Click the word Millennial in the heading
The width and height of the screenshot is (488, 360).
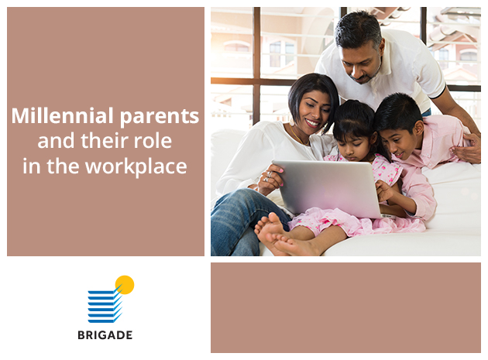[62, 115]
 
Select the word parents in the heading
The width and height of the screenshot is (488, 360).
[159, 118]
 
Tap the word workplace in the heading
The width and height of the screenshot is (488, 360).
[136, 167]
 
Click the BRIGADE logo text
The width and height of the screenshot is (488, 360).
[105, 335]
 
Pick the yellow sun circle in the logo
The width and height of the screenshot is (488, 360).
[125, 285]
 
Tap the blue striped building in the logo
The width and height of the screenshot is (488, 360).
[105, 306]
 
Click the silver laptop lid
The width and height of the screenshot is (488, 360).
[327, 187]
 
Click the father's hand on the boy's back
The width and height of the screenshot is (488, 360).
[467, 149]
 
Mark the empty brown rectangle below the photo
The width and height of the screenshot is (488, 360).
[345, 307]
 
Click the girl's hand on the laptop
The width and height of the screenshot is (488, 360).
[384, 190]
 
